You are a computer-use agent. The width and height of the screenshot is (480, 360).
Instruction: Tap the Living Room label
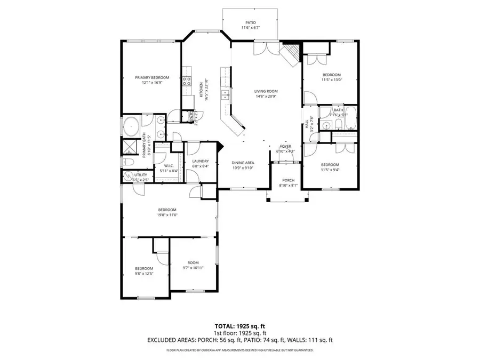click(x=266, y=91)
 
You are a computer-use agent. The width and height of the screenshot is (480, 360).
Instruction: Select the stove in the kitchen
click(x=187, y=81)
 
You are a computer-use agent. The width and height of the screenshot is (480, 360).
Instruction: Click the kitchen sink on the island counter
click(x=225, y=95)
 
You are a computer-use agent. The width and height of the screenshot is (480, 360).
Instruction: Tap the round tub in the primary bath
click(x=131, y=127)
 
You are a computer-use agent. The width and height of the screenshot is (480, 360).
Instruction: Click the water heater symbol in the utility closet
click(x=128, y=175)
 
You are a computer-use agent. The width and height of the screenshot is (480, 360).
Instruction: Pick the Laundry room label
click(x=200, y=161)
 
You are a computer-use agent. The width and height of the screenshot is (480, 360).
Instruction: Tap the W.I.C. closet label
click(x=170, y=165)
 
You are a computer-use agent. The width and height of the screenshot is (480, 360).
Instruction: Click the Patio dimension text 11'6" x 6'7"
click(x=250, y=27)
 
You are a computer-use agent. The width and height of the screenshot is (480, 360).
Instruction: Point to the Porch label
click(x=287, y=180)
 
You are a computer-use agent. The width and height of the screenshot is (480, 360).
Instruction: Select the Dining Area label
click(x=242, y=162)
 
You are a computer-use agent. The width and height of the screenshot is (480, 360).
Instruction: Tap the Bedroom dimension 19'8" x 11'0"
click(x=166, y=215)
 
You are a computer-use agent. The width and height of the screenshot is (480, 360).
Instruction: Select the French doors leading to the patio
click(x=265, y=49)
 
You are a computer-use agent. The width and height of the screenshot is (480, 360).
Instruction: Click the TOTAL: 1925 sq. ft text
click(x=240, y=325)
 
